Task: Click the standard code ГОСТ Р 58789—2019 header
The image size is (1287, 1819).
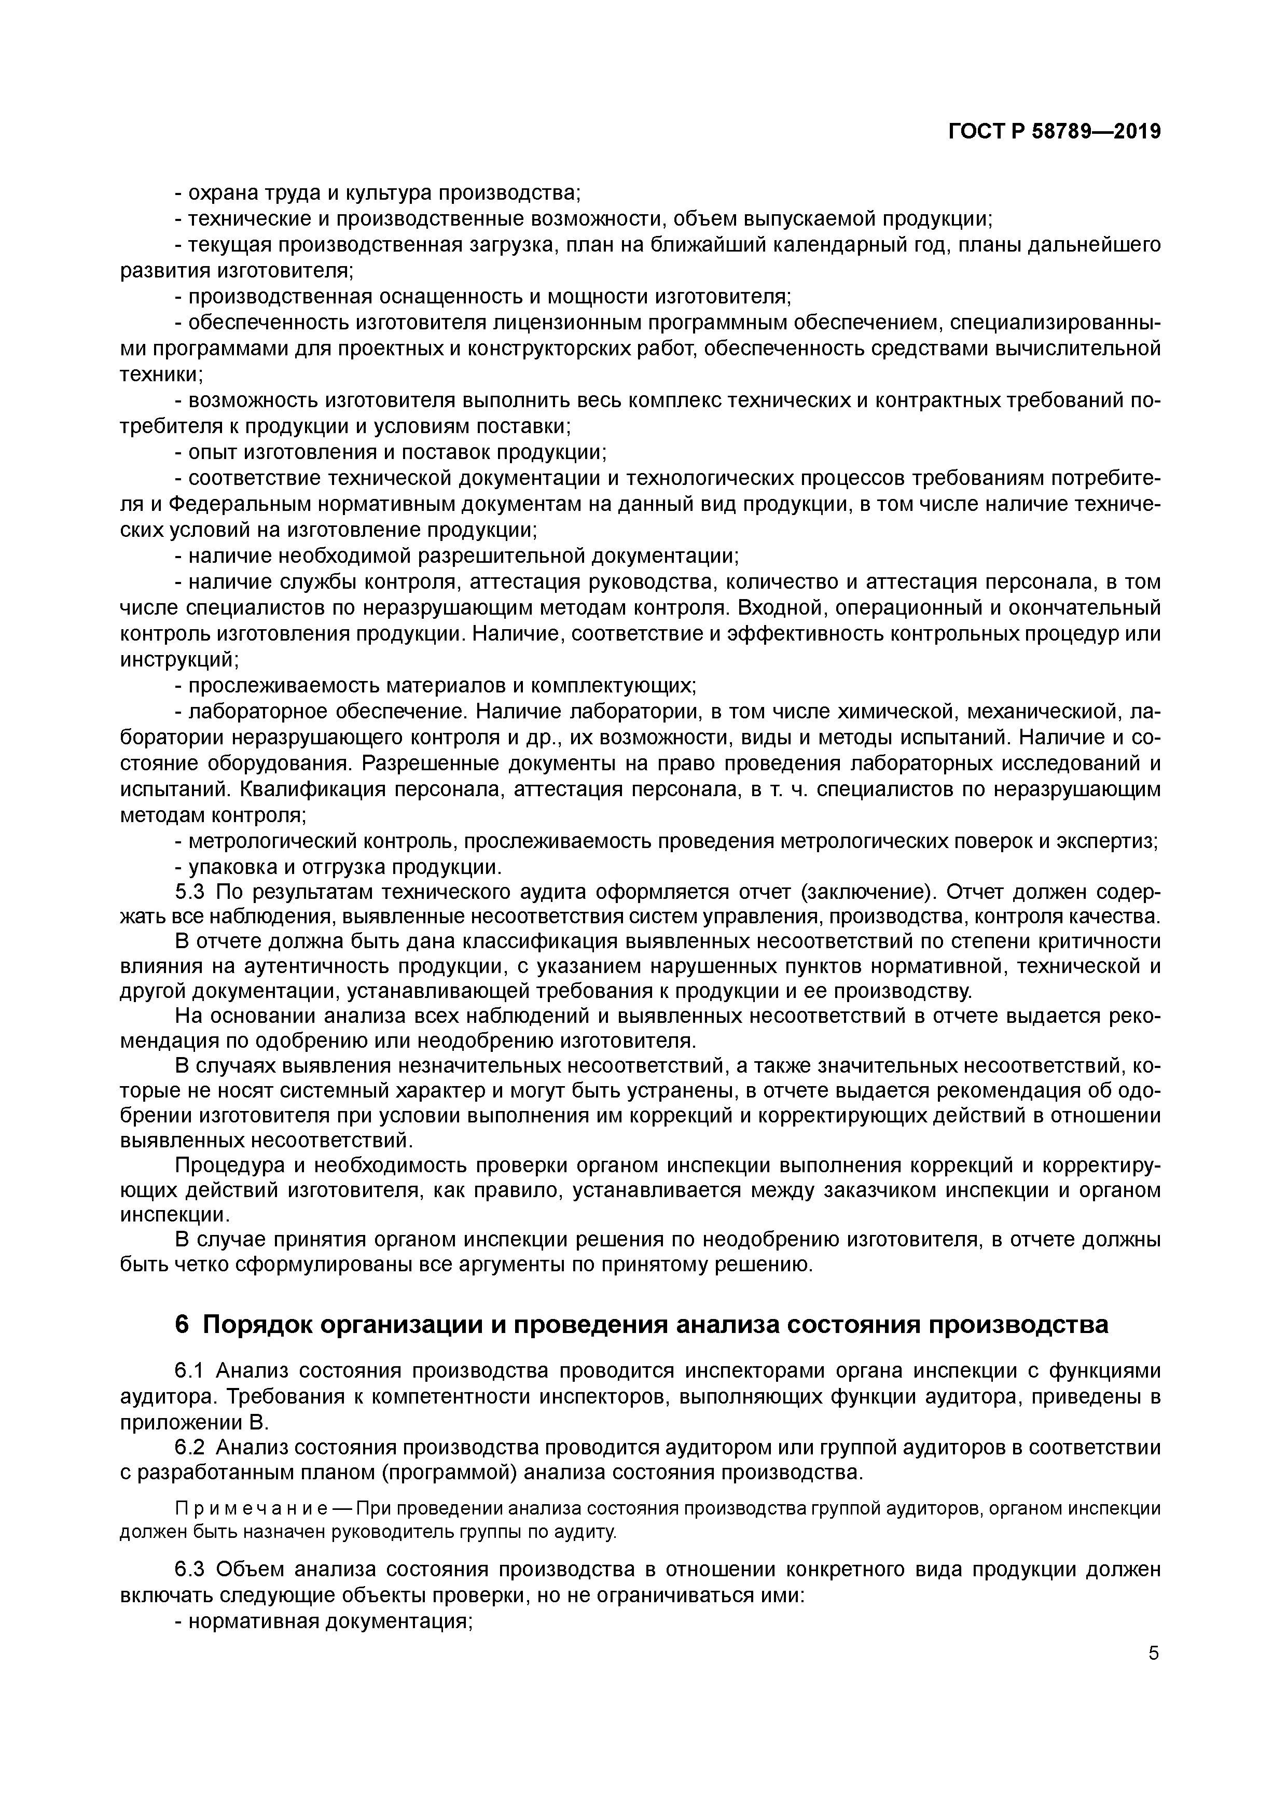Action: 1054,132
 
